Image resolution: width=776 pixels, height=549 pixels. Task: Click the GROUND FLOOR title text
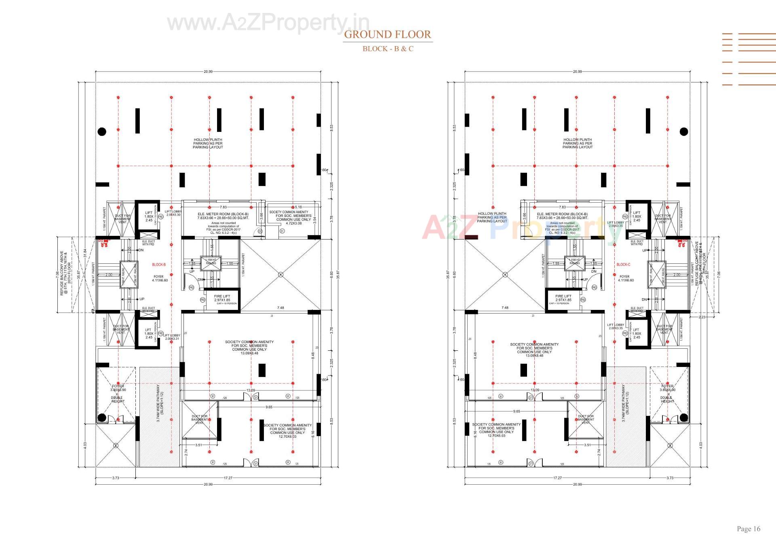(387, 34)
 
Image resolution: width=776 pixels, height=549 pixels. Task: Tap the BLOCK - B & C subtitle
(388, 49)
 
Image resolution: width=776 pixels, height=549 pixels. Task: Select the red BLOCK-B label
(159, 265)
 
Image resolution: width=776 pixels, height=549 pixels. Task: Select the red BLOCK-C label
(623, 265)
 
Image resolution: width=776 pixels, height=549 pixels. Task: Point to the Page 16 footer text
(748, 529)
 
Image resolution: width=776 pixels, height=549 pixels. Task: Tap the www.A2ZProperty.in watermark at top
(268, 22)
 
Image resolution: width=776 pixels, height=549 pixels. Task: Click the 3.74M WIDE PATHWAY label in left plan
(160, 403)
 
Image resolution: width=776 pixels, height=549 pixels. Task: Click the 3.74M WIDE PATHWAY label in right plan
(625, 403)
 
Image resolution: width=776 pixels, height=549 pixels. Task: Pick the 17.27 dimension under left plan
(228, 478)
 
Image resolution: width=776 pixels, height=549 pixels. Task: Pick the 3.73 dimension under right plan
(670, 478)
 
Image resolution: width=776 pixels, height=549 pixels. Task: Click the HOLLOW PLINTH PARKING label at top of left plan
(208, 143)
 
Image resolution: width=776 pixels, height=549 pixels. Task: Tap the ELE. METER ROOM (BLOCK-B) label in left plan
(223, 214)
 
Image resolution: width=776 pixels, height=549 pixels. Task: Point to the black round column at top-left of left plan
(102, 131)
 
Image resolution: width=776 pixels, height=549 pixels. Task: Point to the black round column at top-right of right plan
(683, 131)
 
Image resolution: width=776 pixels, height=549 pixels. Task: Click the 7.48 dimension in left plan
(280, 307)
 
